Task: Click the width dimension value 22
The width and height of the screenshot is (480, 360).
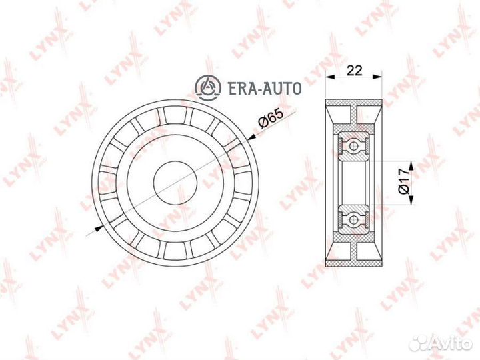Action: coord(353,69)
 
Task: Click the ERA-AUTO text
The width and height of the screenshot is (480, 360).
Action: coord(263,87)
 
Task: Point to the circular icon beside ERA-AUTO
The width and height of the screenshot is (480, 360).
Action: coord(207,86)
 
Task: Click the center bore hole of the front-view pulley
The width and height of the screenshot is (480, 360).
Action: coord(175,180)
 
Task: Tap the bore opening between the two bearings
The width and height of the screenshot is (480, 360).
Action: coord(354,180)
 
